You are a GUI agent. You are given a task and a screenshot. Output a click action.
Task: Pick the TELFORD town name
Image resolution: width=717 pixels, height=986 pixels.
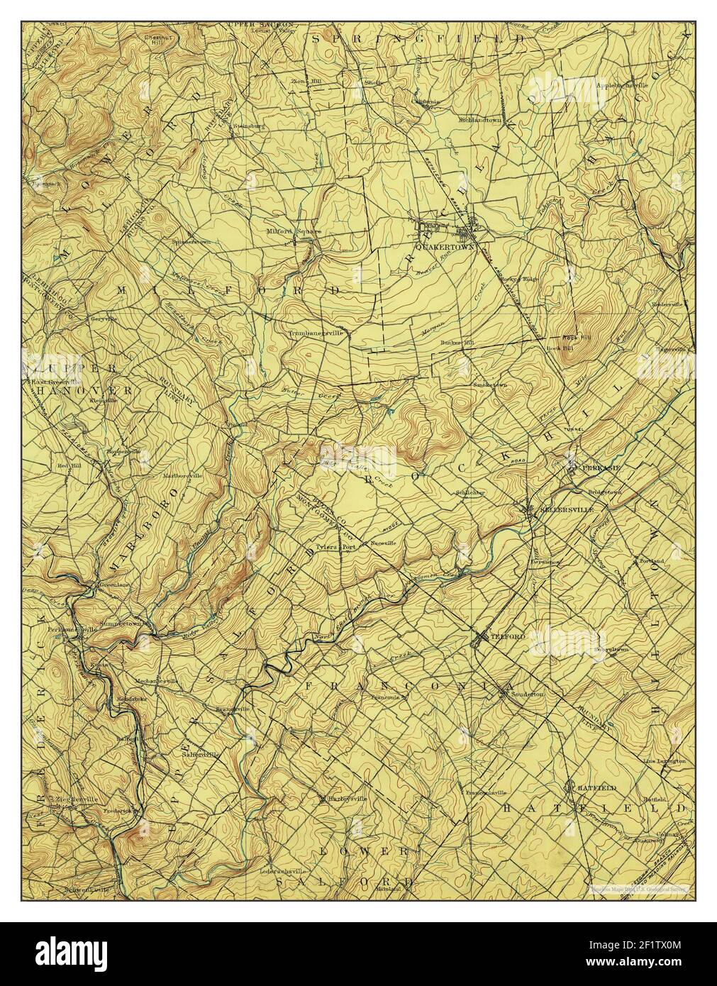click(x=508, y=637)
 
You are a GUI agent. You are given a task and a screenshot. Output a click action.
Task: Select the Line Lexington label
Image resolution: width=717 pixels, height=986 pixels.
click(x=664, y=761)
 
